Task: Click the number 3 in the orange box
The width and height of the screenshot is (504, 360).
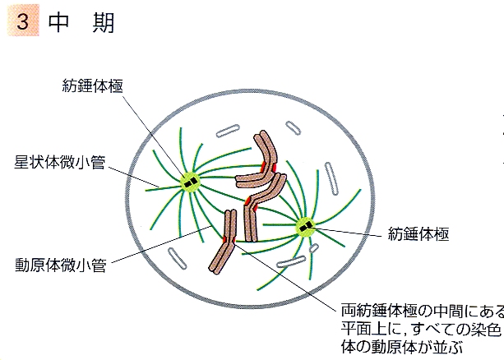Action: (22, 21)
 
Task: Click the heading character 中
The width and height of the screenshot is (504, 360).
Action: (58, 22)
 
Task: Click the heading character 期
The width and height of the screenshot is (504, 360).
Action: (104, 22)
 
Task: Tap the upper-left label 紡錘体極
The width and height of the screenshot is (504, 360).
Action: (92, 85)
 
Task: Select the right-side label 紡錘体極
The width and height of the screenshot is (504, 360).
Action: (418, 233)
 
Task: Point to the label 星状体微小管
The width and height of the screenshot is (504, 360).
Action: (60, 162)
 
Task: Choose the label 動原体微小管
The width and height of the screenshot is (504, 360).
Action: (60, 265)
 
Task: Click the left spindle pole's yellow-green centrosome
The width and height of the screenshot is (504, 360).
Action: (190, 182)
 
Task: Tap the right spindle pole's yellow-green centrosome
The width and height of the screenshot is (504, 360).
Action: (306, 227)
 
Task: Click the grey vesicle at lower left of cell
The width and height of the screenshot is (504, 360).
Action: (177, 258)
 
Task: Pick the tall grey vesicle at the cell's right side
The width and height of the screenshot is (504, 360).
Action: (331, 178)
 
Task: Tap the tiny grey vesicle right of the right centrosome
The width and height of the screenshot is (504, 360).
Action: (314, 248)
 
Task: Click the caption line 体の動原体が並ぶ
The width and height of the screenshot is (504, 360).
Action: (402, 347)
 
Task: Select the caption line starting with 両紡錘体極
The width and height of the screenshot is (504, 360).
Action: (423, 311)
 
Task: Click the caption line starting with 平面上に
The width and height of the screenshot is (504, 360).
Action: (421, 329)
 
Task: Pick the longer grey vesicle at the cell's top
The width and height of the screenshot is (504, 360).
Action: (228, 131)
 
